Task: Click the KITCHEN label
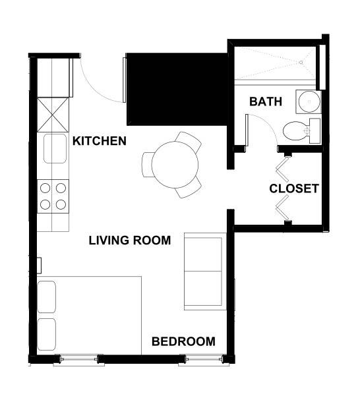tap(99, 141)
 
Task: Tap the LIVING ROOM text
tap(129, 241)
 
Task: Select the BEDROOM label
tap(183, 341)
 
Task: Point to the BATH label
tap(266, 102)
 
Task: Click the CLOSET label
tap(294, 188)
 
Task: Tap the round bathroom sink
tap(306, 102)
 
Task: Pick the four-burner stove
tap(53, 196)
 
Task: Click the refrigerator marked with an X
tap(53, 114)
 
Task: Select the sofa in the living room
tap(204, 271)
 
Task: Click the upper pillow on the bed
tap(47, 297)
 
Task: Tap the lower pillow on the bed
tap(47, 335)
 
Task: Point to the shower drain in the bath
tap(301, 63)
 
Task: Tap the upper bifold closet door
tap(284, 169)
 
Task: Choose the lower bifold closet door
tap(284, 210)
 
